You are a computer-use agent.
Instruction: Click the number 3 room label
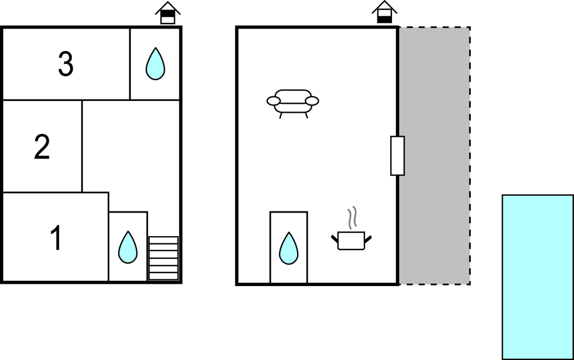pyautogui.click(x=66, y=64)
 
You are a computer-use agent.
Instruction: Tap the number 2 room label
pyautogui.click(x=41, y=147)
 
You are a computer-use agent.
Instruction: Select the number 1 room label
pyautogui.click(x=56, y=238)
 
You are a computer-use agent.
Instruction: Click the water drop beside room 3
pyautogui.click(x=155, y=64)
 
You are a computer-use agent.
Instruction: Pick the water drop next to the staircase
pyautogui.click(x=128, y=247)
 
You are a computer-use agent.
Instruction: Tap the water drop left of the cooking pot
pyautogui.click(x=289, y=248)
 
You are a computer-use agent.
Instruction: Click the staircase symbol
pyautogui.click(x=163, y=258)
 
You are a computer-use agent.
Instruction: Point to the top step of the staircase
pyautogui.click(x=163, y=240)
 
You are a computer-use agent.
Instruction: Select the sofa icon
pyautogui.click(x=293, y=104)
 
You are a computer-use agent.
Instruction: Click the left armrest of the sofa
pyautogui.click(x=274, y=101)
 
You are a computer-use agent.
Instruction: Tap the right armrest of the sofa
pyautogui.click(x=312, y=101)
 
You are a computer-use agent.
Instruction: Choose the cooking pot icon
pyautogui.click(x=351, y=241)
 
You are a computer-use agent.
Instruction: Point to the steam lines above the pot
pyautogui.click(x=352, y=218)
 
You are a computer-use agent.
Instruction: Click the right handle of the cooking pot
pyautogui.click(x=368, y=239)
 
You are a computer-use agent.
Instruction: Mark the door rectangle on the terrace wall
pyautogui.click(x=397, y=156)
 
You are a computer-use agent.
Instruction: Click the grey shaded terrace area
pyautogui.click(x=434, y=156)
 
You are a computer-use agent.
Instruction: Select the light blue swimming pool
pyautogui.click(x=538, y=277)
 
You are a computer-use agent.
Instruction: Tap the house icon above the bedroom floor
pyautogui.click(x=168, y=13)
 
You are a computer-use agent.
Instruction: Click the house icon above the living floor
pyautogui.click(x=385, y=12)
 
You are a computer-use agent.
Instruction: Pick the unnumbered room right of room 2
pyautogui.click(x=131, y=154)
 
